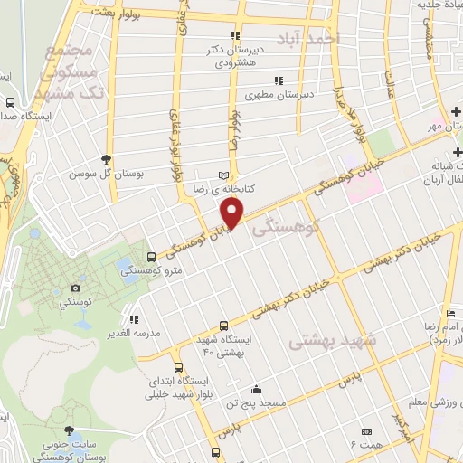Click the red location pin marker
coord(233,213)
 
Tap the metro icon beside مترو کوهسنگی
coord(151,257)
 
